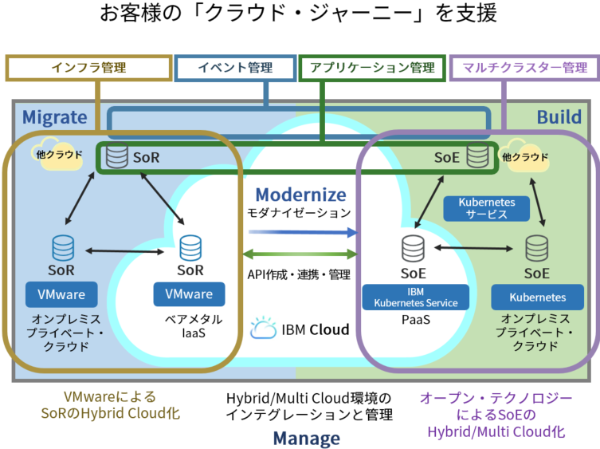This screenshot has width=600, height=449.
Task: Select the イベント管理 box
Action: tap(236, 68)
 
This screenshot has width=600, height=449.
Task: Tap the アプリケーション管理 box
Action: tap(372, 68)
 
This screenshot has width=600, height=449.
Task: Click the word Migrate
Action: tap(54, 117)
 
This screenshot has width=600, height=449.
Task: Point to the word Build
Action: tap(558, 117)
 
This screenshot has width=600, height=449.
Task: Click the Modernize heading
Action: tap(300, 195)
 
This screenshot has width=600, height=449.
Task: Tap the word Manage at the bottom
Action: tap(306, 438)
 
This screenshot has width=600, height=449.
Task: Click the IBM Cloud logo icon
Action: tap(263, 329)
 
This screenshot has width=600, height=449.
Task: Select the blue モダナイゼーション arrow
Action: tap(300, 233)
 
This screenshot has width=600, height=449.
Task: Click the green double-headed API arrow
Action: tap(300, 254)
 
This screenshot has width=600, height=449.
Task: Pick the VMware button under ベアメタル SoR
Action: tap(189, 294)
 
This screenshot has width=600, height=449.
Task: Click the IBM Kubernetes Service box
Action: tap(416, 297)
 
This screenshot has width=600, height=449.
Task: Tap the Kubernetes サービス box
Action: tap(487, 209)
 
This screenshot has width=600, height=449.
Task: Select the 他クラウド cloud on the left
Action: tap(57, 154)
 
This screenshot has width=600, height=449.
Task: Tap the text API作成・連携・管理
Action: tap(300, 275)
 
